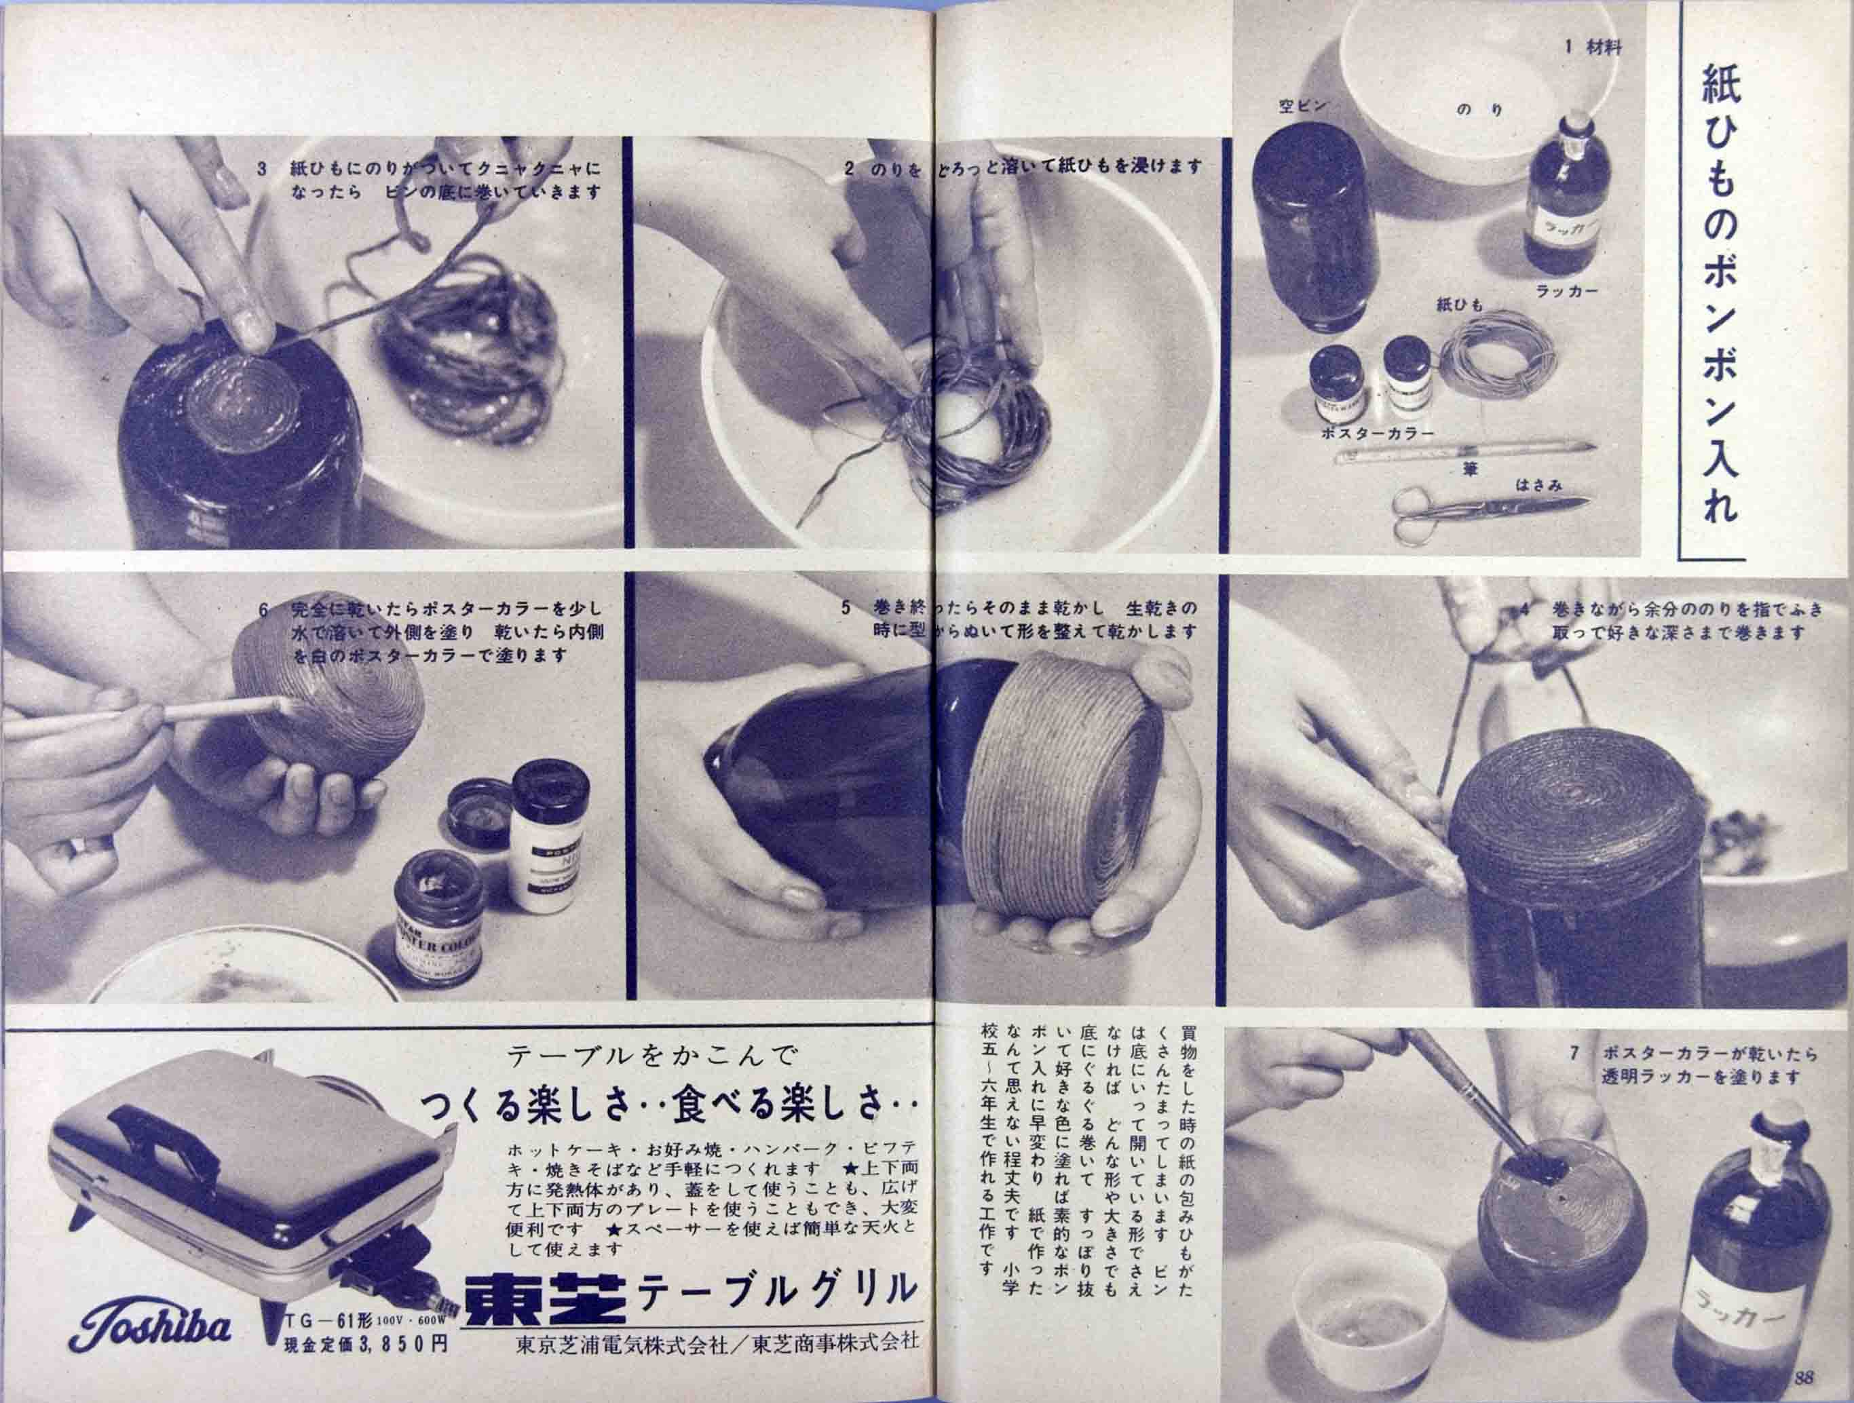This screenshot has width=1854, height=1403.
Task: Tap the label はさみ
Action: pyautogui.click(x=1538, y=484)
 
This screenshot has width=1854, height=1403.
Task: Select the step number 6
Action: pyautogui.click(x=263, y=610)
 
